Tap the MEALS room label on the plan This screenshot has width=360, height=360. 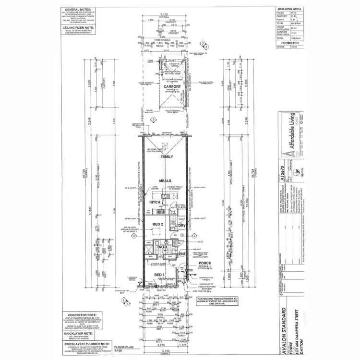pos(167,180)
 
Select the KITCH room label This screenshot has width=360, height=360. pos(155,203)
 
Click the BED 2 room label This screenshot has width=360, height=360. pos(159,224)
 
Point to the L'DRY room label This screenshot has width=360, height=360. pos(181,225)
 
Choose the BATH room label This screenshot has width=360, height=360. pos(162,246)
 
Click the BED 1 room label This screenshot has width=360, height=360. pos(159,274)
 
